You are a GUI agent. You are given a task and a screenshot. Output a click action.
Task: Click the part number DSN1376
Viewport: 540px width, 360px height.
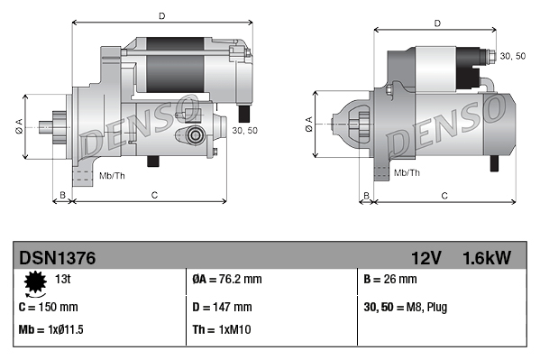[x=57, y=258]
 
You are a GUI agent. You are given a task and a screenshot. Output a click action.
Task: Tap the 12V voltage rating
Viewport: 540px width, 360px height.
[x=425, y=258]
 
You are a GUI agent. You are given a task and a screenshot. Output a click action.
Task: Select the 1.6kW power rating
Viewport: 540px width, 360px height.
[x=486, y=258]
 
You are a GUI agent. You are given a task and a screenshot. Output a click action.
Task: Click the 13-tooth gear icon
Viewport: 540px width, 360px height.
[x=35, y=284]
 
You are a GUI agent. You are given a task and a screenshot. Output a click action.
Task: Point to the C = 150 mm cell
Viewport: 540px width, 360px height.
[x=49, y=307]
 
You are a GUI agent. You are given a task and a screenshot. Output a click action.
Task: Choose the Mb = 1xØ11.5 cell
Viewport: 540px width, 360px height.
[x=53, y=328]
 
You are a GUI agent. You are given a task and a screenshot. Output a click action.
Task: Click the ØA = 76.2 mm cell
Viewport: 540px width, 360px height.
[x=227, y=279]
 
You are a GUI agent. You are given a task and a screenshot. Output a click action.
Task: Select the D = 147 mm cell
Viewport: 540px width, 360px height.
[x=222, y=307]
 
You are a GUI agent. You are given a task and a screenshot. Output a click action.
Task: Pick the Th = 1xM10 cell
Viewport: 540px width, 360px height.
[x=221, y=328]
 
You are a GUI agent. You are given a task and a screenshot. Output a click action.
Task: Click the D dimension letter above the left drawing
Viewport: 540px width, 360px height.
[x=161, y=15]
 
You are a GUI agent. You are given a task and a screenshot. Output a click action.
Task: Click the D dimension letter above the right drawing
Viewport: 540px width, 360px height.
[x=436, y=23]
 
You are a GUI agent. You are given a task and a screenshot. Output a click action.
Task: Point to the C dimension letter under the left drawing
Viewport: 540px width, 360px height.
[x=154, y=194]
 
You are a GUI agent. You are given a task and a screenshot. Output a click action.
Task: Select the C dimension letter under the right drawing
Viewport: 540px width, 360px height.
[x=444, y=195]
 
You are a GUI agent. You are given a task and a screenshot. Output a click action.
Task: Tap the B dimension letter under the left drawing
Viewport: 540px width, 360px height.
[x=62, y=194]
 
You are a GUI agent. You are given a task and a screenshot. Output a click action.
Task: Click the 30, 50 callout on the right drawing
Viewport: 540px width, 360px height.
[x=512, y=56]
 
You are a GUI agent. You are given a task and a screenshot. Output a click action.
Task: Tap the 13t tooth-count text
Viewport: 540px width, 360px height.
[x=63, y=278]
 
